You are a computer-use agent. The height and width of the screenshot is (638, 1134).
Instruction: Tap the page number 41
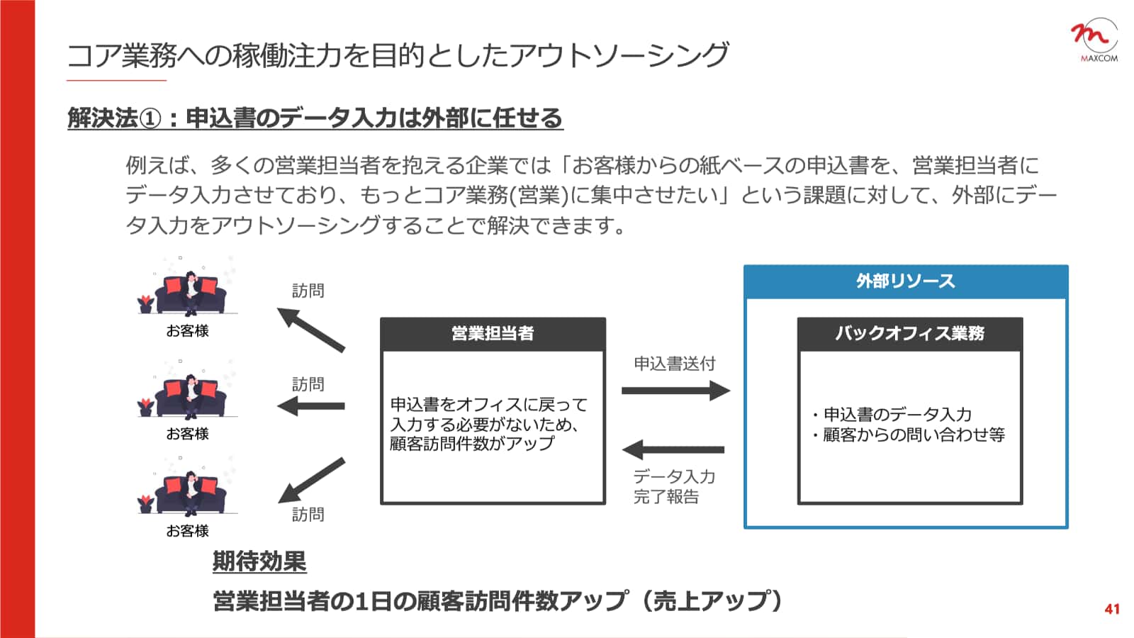coord(1111,609)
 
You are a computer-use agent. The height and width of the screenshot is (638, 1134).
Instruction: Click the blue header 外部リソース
coord(905,281)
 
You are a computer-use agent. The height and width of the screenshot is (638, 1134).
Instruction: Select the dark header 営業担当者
coord(493,334)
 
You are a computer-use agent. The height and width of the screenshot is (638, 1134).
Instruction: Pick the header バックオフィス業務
coord(909,334)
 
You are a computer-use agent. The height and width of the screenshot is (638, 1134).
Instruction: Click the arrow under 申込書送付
coord(675,390)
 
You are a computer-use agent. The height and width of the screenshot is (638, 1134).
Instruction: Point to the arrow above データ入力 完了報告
coord(673,449)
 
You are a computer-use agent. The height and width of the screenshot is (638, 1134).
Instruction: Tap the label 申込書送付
coord(674,364)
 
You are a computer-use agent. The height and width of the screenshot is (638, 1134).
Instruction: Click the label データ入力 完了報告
coord(673,486)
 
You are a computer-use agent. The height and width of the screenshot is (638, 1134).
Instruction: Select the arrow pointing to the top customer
coord(310,329)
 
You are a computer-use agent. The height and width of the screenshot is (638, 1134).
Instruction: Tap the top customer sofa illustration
coord(187,291)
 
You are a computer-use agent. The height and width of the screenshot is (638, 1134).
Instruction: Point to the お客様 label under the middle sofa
coord(187,434)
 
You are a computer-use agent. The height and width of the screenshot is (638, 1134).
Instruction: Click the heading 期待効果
coord(259,561)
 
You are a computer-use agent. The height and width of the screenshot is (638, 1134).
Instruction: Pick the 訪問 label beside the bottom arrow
coord(308,515)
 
